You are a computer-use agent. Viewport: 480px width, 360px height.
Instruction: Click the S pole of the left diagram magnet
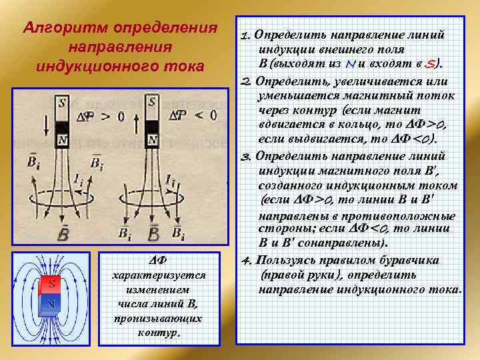62,103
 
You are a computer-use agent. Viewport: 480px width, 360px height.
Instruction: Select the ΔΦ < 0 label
193,115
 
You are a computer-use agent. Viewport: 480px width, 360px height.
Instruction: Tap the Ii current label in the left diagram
80,180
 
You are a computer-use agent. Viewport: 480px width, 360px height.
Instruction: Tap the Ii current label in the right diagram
171,180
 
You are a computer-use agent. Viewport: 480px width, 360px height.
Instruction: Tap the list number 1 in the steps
245,35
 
